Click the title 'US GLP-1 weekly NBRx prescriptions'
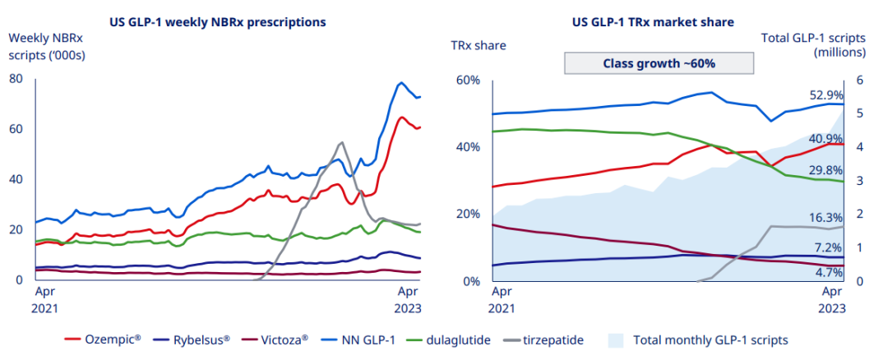[x=217, y=21]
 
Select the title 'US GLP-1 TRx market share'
[x=654, y=21]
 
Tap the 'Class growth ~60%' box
[x=659, y=63]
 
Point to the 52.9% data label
[x=826, y=95]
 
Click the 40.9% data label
[x=826, y=138]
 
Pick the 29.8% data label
[x=826, y=170]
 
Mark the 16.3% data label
[x=826, y=217]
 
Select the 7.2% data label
[x=829, y=247]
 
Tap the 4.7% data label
[x=829, y=272]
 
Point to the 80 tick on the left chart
[x=15, y=78]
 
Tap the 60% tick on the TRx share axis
[x=467, y=80]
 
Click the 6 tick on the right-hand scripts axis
[x=859, y=80]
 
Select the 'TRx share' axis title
[x=478, y=45]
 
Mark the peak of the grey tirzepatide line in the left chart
[x=341, y=143]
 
